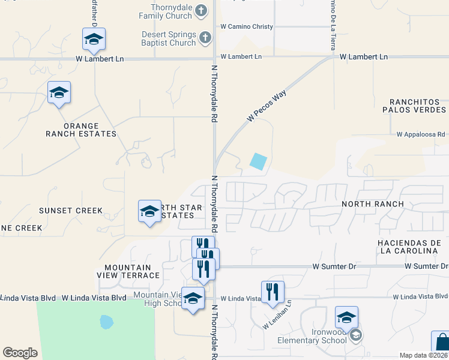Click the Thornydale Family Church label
166,11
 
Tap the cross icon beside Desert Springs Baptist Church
205,38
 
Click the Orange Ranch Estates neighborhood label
81,130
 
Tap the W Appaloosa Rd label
420,135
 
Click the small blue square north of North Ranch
258,161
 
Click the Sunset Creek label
71,211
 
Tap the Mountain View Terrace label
132,271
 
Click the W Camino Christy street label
247,27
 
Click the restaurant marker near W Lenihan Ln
273,292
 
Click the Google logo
20,353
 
